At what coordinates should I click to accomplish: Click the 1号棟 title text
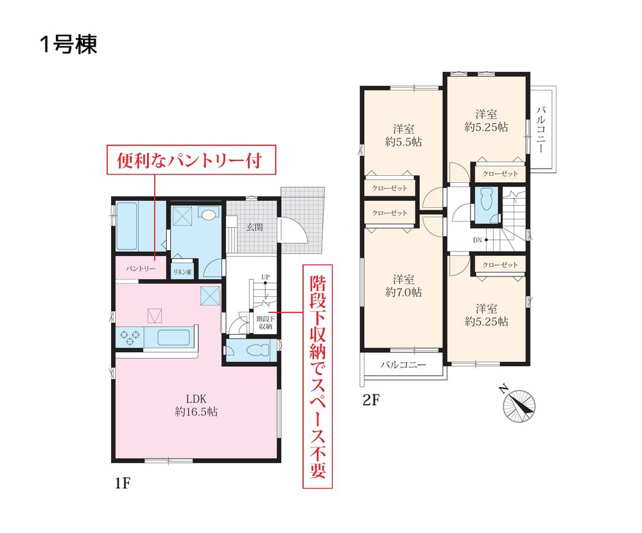pyautogui.click(x=69, y=44)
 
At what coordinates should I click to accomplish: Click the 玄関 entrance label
pyautogui.click(x=254, y=228)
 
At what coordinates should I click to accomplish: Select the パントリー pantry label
pyautogui.click(x=141, y=268)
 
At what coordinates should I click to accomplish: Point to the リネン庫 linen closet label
pyautogui.click(x=182, y=272)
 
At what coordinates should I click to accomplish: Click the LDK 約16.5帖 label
pyautogui.click(x=196, y=405)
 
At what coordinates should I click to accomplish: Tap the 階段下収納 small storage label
pyautogui.click(x=265, y=323)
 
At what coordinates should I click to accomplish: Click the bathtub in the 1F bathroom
pyautogui.click(x=126, y=226)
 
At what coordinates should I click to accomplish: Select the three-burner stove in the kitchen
pyautogui.click(x=130, y=337)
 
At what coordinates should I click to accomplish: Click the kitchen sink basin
pyautogui.click(x=173, y=337)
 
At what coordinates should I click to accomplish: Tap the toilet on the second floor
pyautogui.click(x=485, y=199)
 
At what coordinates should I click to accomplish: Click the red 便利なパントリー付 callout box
pyautogui.click(x=191, y=160)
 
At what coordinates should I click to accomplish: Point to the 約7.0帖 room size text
pyautogui.click(x=403, y=292)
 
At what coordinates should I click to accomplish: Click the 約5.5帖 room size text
pyautogui.click(x=403, y=142)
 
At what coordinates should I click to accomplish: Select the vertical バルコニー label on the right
pyautogui.click(x=541, y=130)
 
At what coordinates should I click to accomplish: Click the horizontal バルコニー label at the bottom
pyautogui.click(x=403, y=364)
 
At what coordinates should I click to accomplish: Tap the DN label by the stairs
pyautogui.click(x=478, y=240)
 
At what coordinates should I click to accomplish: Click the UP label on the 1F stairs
pyautogui.click(x=266, y=277)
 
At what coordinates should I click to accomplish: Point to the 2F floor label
pyautogui.click(x=371, y=400)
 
